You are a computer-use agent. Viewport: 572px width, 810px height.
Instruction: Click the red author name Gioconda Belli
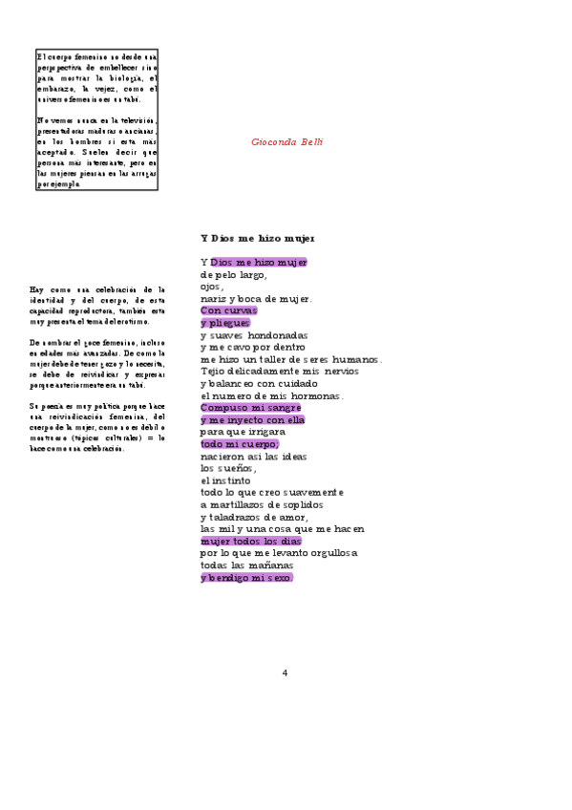pos(287,141)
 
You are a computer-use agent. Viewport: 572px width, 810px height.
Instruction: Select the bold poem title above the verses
pos(257,238)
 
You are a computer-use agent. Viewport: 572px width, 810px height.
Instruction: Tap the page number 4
pos(285,672)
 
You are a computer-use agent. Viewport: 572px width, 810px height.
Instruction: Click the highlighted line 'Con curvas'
pos(229,310)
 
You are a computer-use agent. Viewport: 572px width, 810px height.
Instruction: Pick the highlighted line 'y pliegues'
pos(225,323)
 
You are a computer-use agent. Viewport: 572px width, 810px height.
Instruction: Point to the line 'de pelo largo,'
pos(234,274)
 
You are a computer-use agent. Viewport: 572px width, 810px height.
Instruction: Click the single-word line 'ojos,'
pos(212,287)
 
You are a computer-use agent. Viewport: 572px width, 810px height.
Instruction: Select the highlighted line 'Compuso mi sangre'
pos(251,407)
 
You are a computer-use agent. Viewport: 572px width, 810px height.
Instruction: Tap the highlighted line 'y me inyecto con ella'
pos(252,419)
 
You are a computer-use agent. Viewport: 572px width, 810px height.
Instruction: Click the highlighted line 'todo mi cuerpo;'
pos(240,443)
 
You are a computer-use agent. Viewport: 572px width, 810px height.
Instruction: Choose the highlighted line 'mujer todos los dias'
pos(250,541)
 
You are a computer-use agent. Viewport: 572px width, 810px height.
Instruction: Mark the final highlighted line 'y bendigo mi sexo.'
pos(246,577)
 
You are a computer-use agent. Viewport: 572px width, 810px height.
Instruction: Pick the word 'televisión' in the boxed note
pos(133,120)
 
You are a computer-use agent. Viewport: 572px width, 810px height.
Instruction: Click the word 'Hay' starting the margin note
pos(36,288)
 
